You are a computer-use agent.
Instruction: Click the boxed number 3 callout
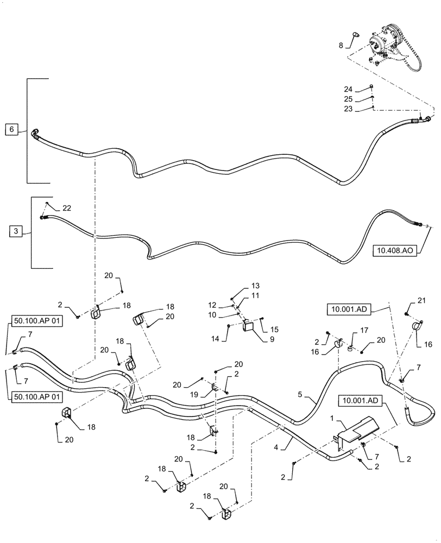tap(16, 231)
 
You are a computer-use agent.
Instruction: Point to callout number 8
tap(341, 46)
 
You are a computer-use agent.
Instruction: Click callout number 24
tap(348, 89)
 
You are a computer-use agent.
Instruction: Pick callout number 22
tap(66, 208)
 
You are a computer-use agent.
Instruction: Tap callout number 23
tap(348, 109)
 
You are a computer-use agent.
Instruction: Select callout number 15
tap(275, 329)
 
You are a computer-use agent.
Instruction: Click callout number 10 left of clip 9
tap(212, 315)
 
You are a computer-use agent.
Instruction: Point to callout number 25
tap(348, 99)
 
